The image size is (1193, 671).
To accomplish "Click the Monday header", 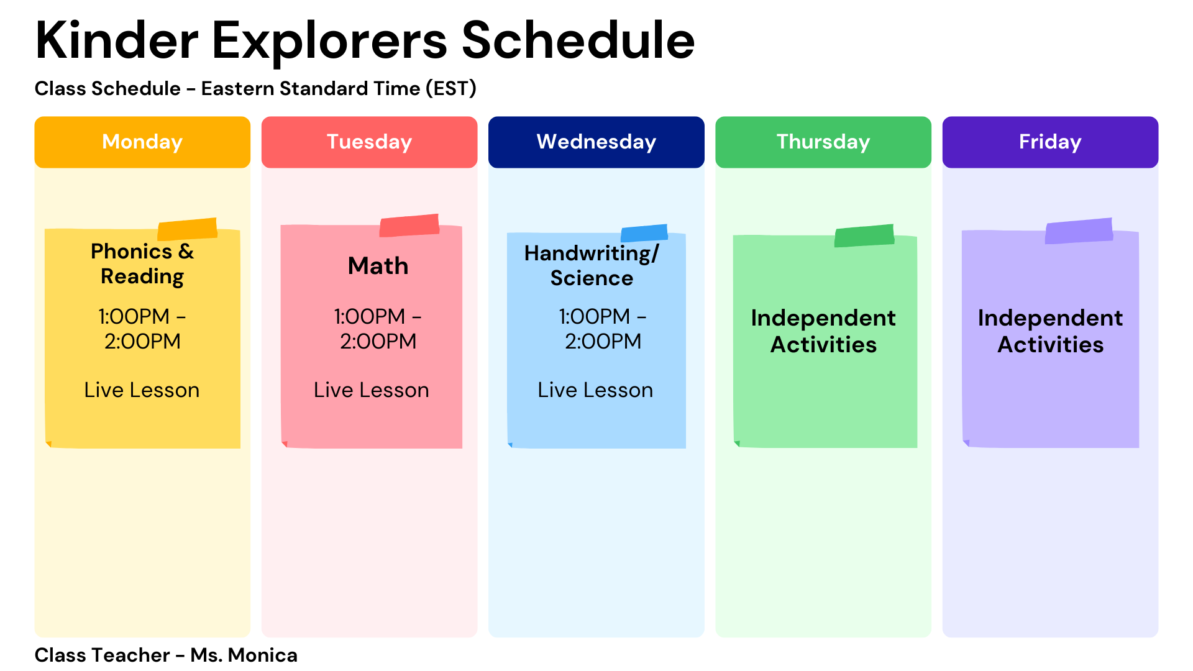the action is click(x=142, y=142).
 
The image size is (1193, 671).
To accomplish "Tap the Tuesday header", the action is click(x=370, y=142).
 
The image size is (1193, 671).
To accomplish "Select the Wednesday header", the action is click(x=596, y=142).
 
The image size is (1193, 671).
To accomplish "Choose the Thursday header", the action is click(x=823, y=142).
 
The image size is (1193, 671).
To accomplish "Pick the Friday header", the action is click(x=1050, y=142).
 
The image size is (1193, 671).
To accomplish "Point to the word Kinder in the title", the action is click(x=117, y=40).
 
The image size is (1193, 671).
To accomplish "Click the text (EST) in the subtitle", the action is click(x=451, y=89).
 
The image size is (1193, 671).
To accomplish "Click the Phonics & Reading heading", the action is click(x=142, y=264).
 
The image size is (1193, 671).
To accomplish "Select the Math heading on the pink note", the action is click(x=378, y=266).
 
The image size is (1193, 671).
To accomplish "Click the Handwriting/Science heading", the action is click(x=592, y=266).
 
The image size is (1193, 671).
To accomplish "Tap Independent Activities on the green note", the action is click(x=823, y=331).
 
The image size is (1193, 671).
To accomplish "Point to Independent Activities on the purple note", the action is click(x=1050, y=331).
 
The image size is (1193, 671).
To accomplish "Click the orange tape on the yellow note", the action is click(x=187, y=229).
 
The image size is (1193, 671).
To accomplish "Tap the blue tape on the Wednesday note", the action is click(x=644, y=233).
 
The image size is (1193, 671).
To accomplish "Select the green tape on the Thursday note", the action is click(x=864, y=235).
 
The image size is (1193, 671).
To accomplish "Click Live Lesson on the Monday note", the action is click(x=142, y=390).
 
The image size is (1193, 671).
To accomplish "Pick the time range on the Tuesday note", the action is click(x=378, y=329).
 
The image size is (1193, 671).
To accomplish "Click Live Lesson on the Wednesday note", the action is click(x=595, y=390).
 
